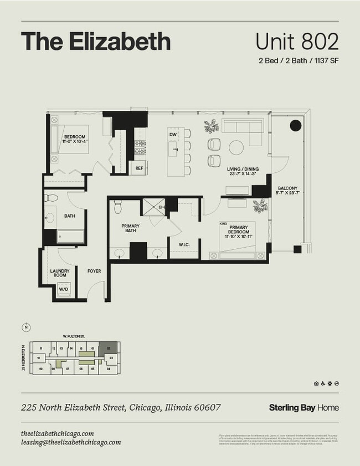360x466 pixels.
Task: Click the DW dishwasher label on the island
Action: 173,135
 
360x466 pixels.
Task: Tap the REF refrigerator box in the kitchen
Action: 139,167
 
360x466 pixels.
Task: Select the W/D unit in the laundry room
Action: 64,289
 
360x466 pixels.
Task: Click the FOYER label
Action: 94,272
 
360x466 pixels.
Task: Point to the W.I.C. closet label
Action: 184,244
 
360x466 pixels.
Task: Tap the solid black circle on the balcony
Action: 296,126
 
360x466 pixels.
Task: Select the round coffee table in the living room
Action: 236,147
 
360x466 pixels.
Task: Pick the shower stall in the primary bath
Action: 153,207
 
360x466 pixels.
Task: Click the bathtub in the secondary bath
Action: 71,237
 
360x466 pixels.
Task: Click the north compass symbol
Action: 25,327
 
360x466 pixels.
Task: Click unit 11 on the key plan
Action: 41,349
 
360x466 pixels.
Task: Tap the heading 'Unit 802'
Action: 297,42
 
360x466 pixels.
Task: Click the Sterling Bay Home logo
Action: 304,408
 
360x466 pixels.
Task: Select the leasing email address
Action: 70,442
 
